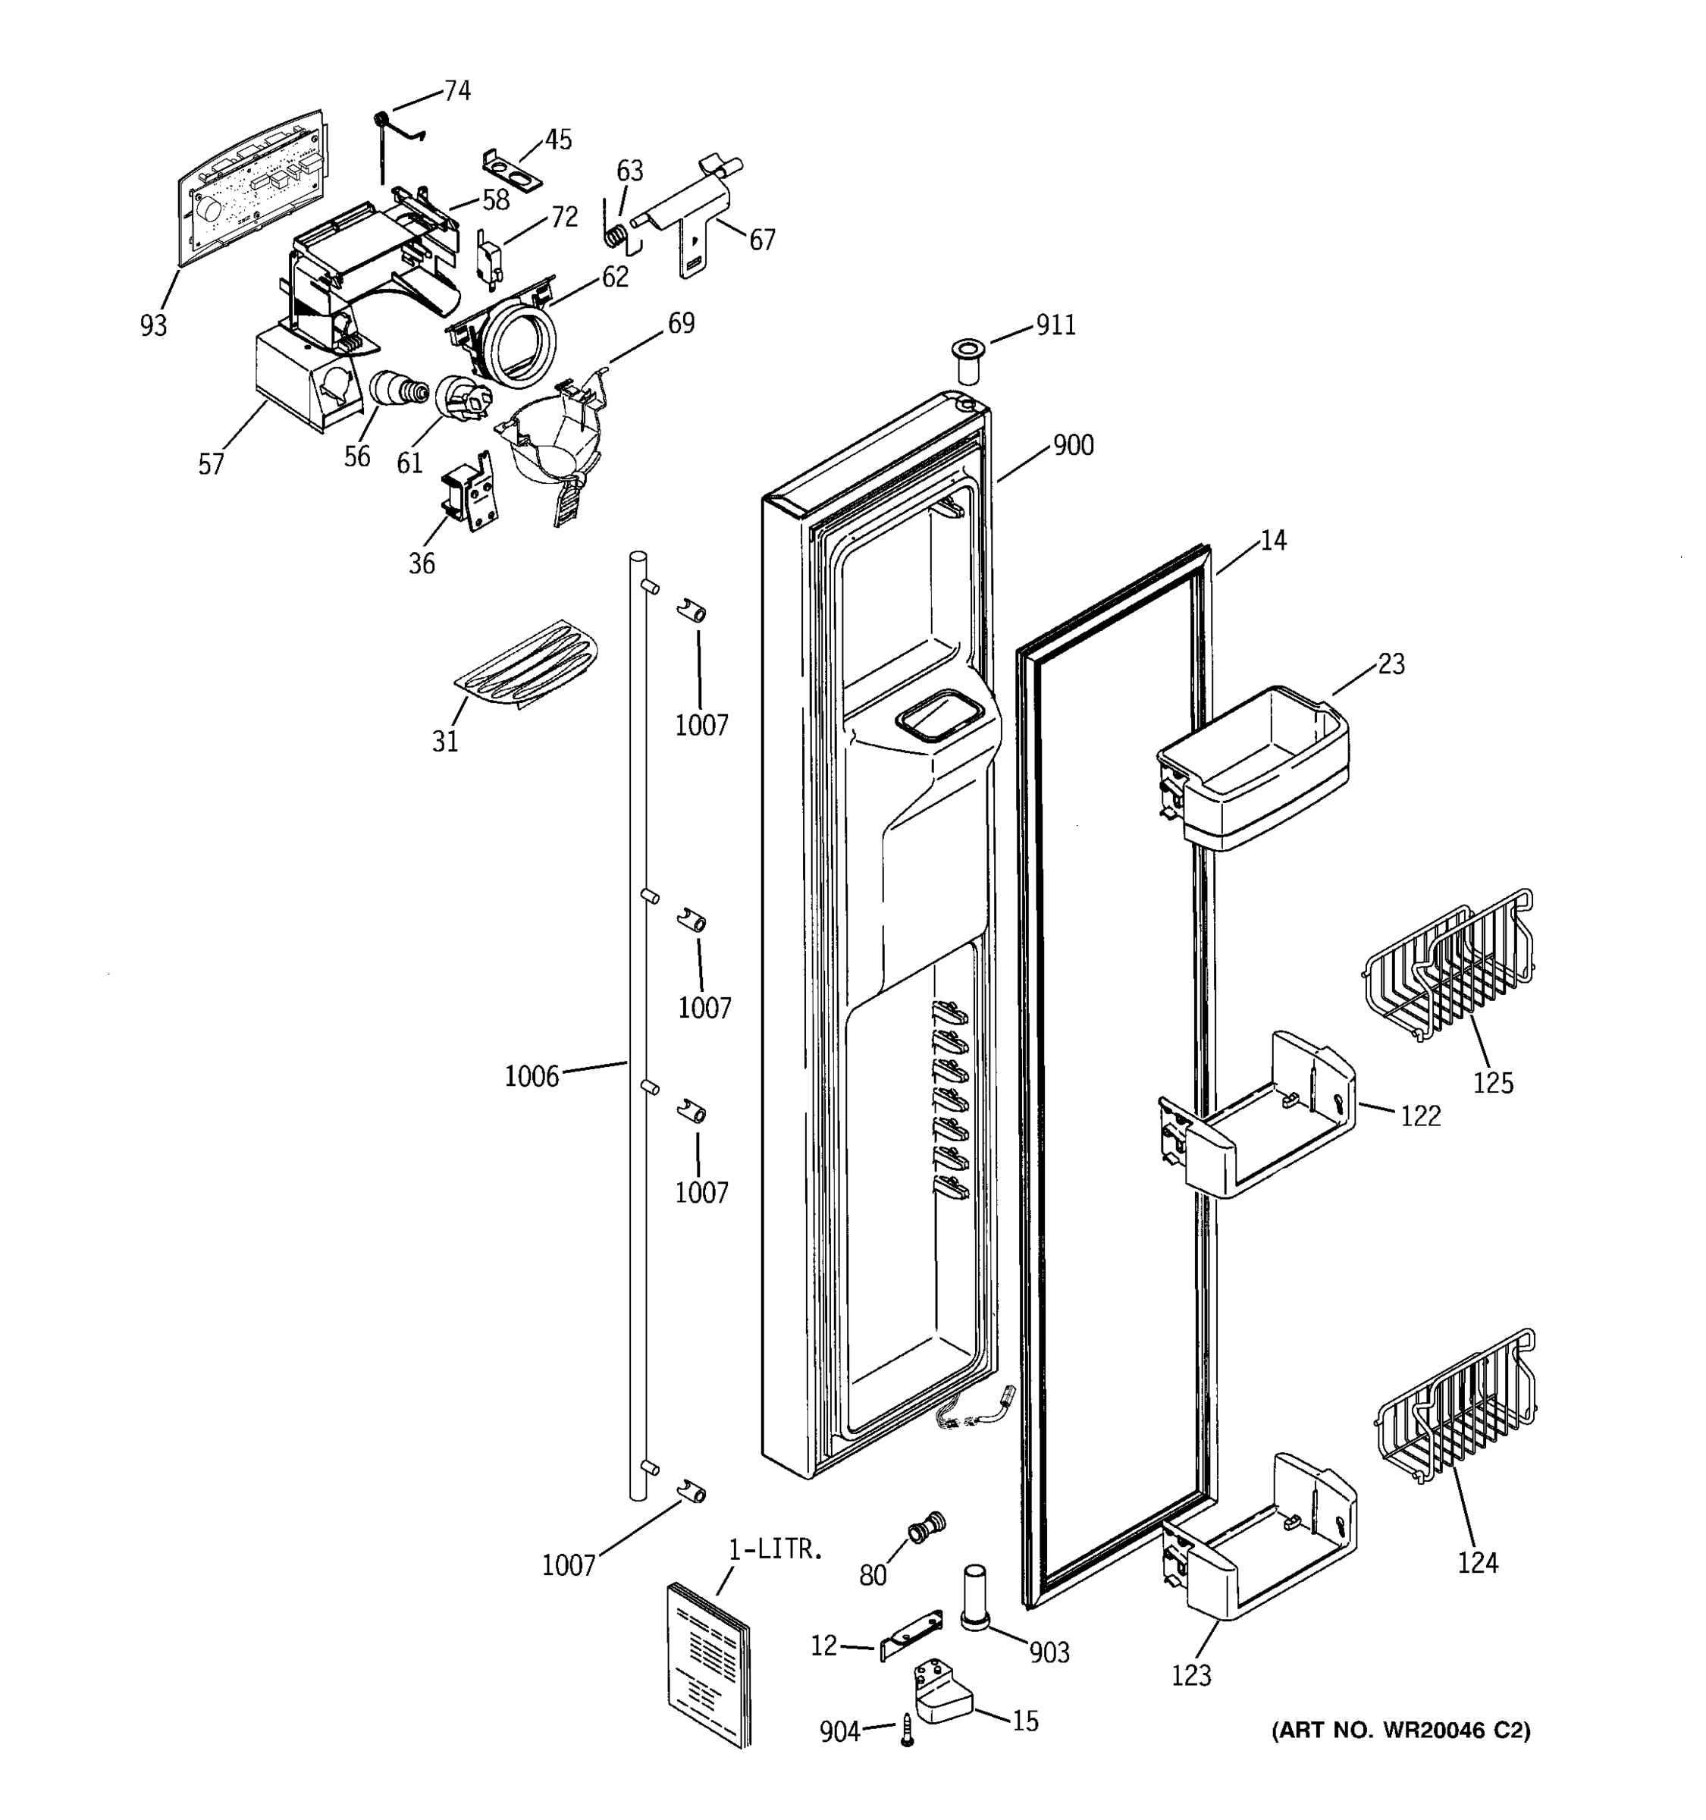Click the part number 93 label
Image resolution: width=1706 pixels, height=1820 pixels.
tap(154, 325)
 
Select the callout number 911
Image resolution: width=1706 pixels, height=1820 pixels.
tap(1055, 325)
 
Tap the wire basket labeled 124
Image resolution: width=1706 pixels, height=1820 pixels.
tap(1455, 1409)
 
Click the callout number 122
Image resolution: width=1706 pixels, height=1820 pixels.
tap(1420, 1116)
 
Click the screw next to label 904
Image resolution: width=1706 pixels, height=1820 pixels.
tap(907, 1731)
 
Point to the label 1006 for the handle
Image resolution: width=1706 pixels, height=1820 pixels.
tap(532, 1077)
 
